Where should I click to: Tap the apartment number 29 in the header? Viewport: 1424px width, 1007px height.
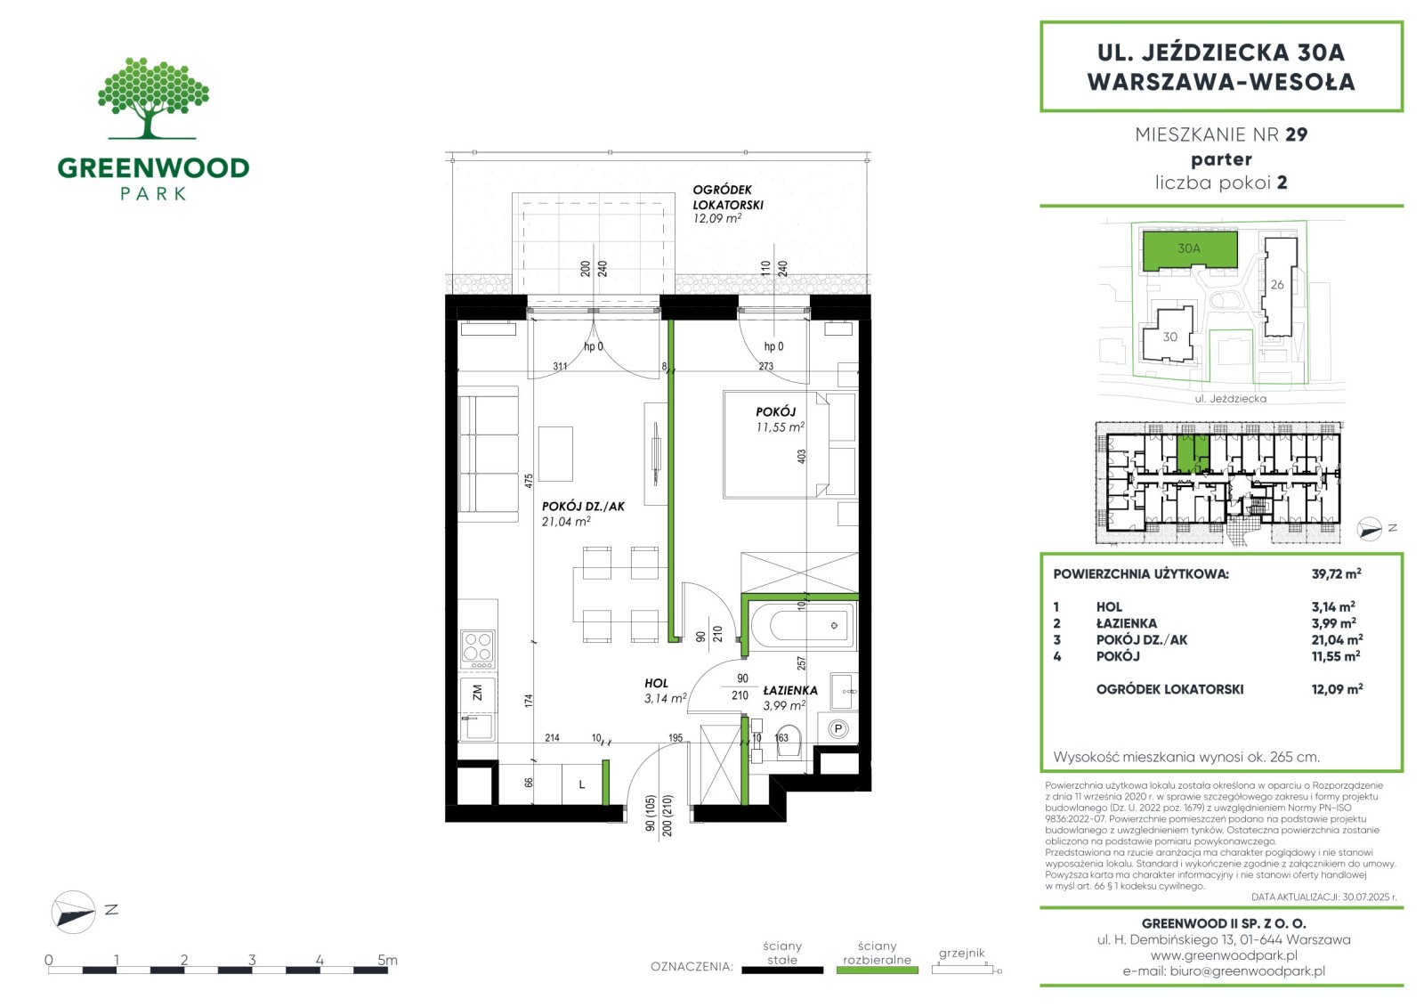(1296, 134)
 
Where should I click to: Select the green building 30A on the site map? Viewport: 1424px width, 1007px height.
(1189, 249)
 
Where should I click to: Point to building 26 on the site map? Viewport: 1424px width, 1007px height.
(1279, 287)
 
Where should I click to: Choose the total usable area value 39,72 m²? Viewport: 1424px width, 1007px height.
(1336, 573)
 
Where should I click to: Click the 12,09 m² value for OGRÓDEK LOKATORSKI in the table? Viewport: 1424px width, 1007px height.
(1337, 689)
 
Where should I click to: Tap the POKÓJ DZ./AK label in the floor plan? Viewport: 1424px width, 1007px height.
(583, 507)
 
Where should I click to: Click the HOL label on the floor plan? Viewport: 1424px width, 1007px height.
(656, 683)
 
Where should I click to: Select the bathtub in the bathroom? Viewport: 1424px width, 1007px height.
(802, 625)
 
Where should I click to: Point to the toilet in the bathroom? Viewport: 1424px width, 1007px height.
(789, 742)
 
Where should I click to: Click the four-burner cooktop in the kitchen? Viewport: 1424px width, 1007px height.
(477, 648)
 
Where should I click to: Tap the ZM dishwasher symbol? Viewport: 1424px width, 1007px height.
(477, 692)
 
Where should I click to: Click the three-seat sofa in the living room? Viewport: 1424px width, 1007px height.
(489, 454)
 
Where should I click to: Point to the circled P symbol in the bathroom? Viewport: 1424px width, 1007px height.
(837, 729)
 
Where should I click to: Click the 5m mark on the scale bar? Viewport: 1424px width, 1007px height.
(387, 961)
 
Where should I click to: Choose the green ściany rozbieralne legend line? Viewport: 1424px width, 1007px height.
(878, 970)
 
